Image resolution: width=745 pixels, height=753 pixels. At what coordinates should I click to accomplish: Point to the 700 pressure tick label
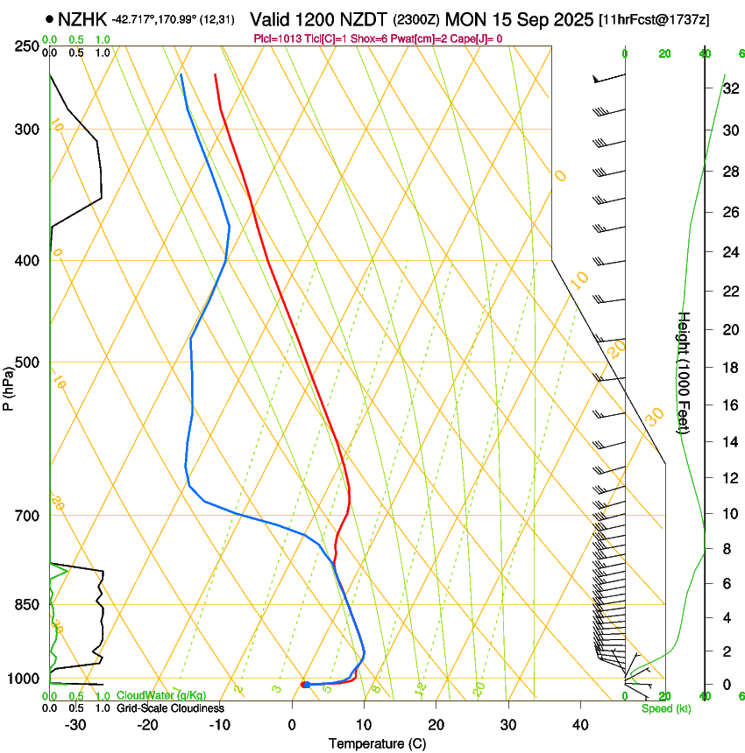pyautogui.click(x=27, y=516)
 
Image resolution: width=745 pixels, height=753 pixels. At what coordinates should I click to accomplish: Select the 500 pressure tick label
pyautogui.click(x=27, y=362)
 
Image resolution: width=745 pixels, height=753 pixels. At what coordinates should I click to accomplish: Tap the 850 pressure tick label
pyautogui.click(x=27, y=605)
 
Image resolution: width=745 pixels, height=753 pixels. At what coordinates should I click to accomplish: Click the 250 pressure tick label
pyautogui.click(x=27, y=46)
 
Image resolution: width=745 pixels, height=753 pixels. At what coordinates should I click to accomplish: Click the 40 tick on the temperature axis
pyautogui.click(x=580, y=725)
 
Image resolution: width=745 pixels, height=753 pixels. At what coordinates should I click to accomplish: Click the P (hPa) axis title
pyautogui.click(x=9, y=382)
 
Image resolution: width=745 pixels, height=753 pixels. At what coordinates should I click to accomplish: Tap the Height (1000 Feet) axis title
pyautogui.click(x=685, y=372)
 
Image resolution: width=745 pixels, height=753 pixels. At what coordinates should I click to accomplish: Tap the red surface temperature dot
pyautogui.click(x=303, y=684)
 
